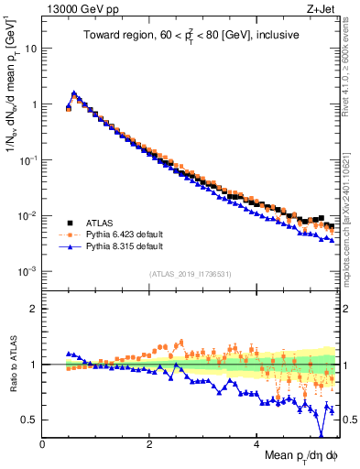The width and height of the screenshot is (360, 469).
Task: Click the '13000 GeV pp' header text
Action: coord(77,9)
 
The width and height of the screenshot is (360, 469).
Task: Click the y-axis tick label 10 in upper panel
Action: coord(30,48)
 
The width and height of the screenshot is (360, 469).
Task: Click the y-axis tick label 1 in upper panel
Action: coord(34,104)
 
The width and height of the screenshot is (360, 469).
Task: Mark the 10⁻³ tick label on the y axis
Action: coord(28,272)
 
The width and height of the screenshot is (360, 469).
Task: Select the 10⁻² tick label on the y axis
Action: coord(28,216)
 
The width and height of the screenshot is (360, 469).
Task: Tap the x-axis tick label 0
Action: coord(42,443)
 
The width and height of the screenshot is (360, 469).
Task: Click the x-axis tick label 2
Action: coord(149,443)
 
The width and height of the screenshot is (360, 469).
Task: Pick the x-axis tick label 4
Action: coord(256,443)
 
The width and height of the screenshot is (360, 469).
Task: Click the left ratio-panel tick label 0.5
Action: coord(30,420)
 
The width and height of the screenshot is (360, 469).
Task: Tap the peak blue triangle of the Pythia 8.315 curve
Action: coord(73,93)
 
